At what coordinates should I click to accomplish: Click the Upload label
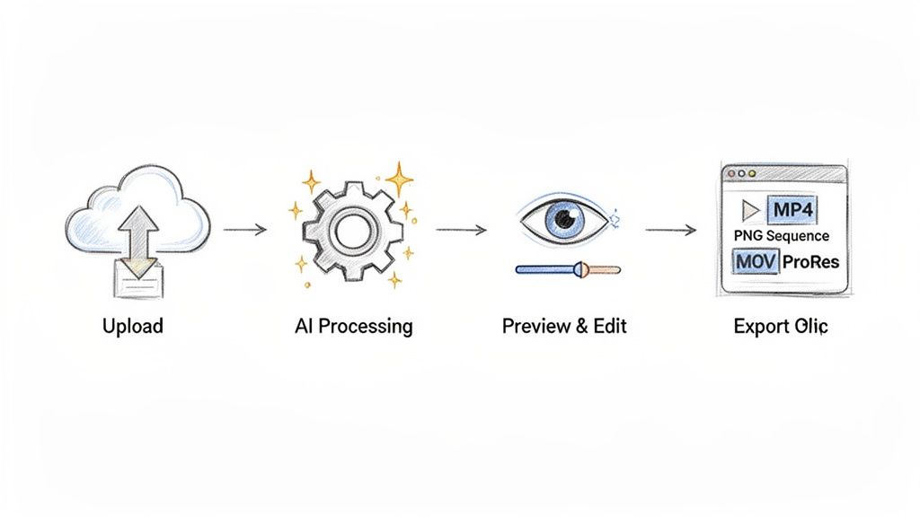point(133,325)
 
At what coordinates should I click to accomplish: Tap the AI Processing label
point(353,325)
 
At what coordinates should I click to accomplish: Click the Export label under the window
point(780,325)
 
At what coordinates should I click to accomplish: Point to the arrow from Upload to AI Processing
point(244,230)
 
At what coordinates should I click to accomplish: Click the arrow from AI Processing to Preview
point(461,230)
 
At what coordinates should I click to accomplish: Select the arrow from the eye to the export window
point(671,231)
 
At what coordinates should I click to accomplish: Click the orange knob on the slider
point(582,267)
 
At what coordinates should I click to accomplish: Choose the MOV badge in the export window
point(754,261)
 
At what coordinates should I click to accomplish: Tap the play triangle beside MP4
point(748,211)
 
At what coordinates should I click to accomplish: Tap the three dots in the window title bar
point(739,173)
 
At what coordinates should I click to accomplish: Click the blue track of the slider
point(544,268)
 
